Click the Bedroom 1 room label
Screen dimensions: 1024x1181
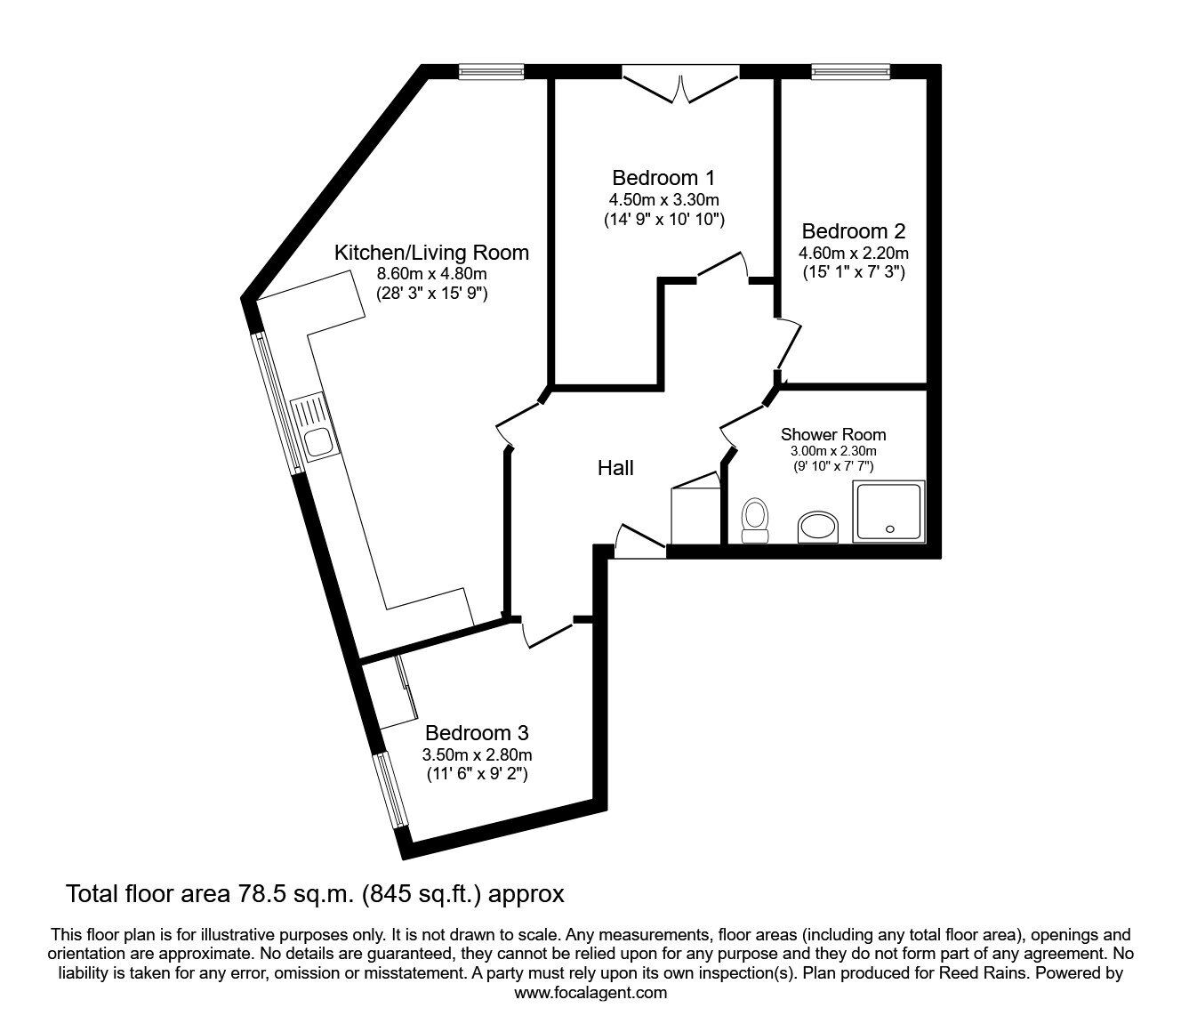point(663,177)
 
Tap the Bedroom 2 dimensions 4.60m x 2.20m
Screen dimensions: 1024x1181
point(853,253)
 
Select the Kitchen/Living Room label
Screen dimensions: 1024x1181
point(431,253)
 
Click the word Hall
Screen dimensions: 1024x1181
point(615,468)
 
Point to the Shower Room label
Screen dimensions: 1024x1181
point(833,435)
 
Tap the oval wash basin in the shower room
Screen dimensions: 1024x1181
point(817,527)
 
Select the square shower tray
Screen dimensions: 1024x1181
point(888,512)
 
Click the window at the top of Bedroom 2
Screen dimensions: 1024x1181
point(849,72)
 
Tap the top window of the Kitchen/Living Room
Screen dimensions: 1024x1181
point(491,72)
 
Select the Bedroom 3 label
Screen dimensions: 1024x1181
point(477,733)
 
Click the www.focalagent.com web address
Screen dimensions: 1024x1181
point(590,993)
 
